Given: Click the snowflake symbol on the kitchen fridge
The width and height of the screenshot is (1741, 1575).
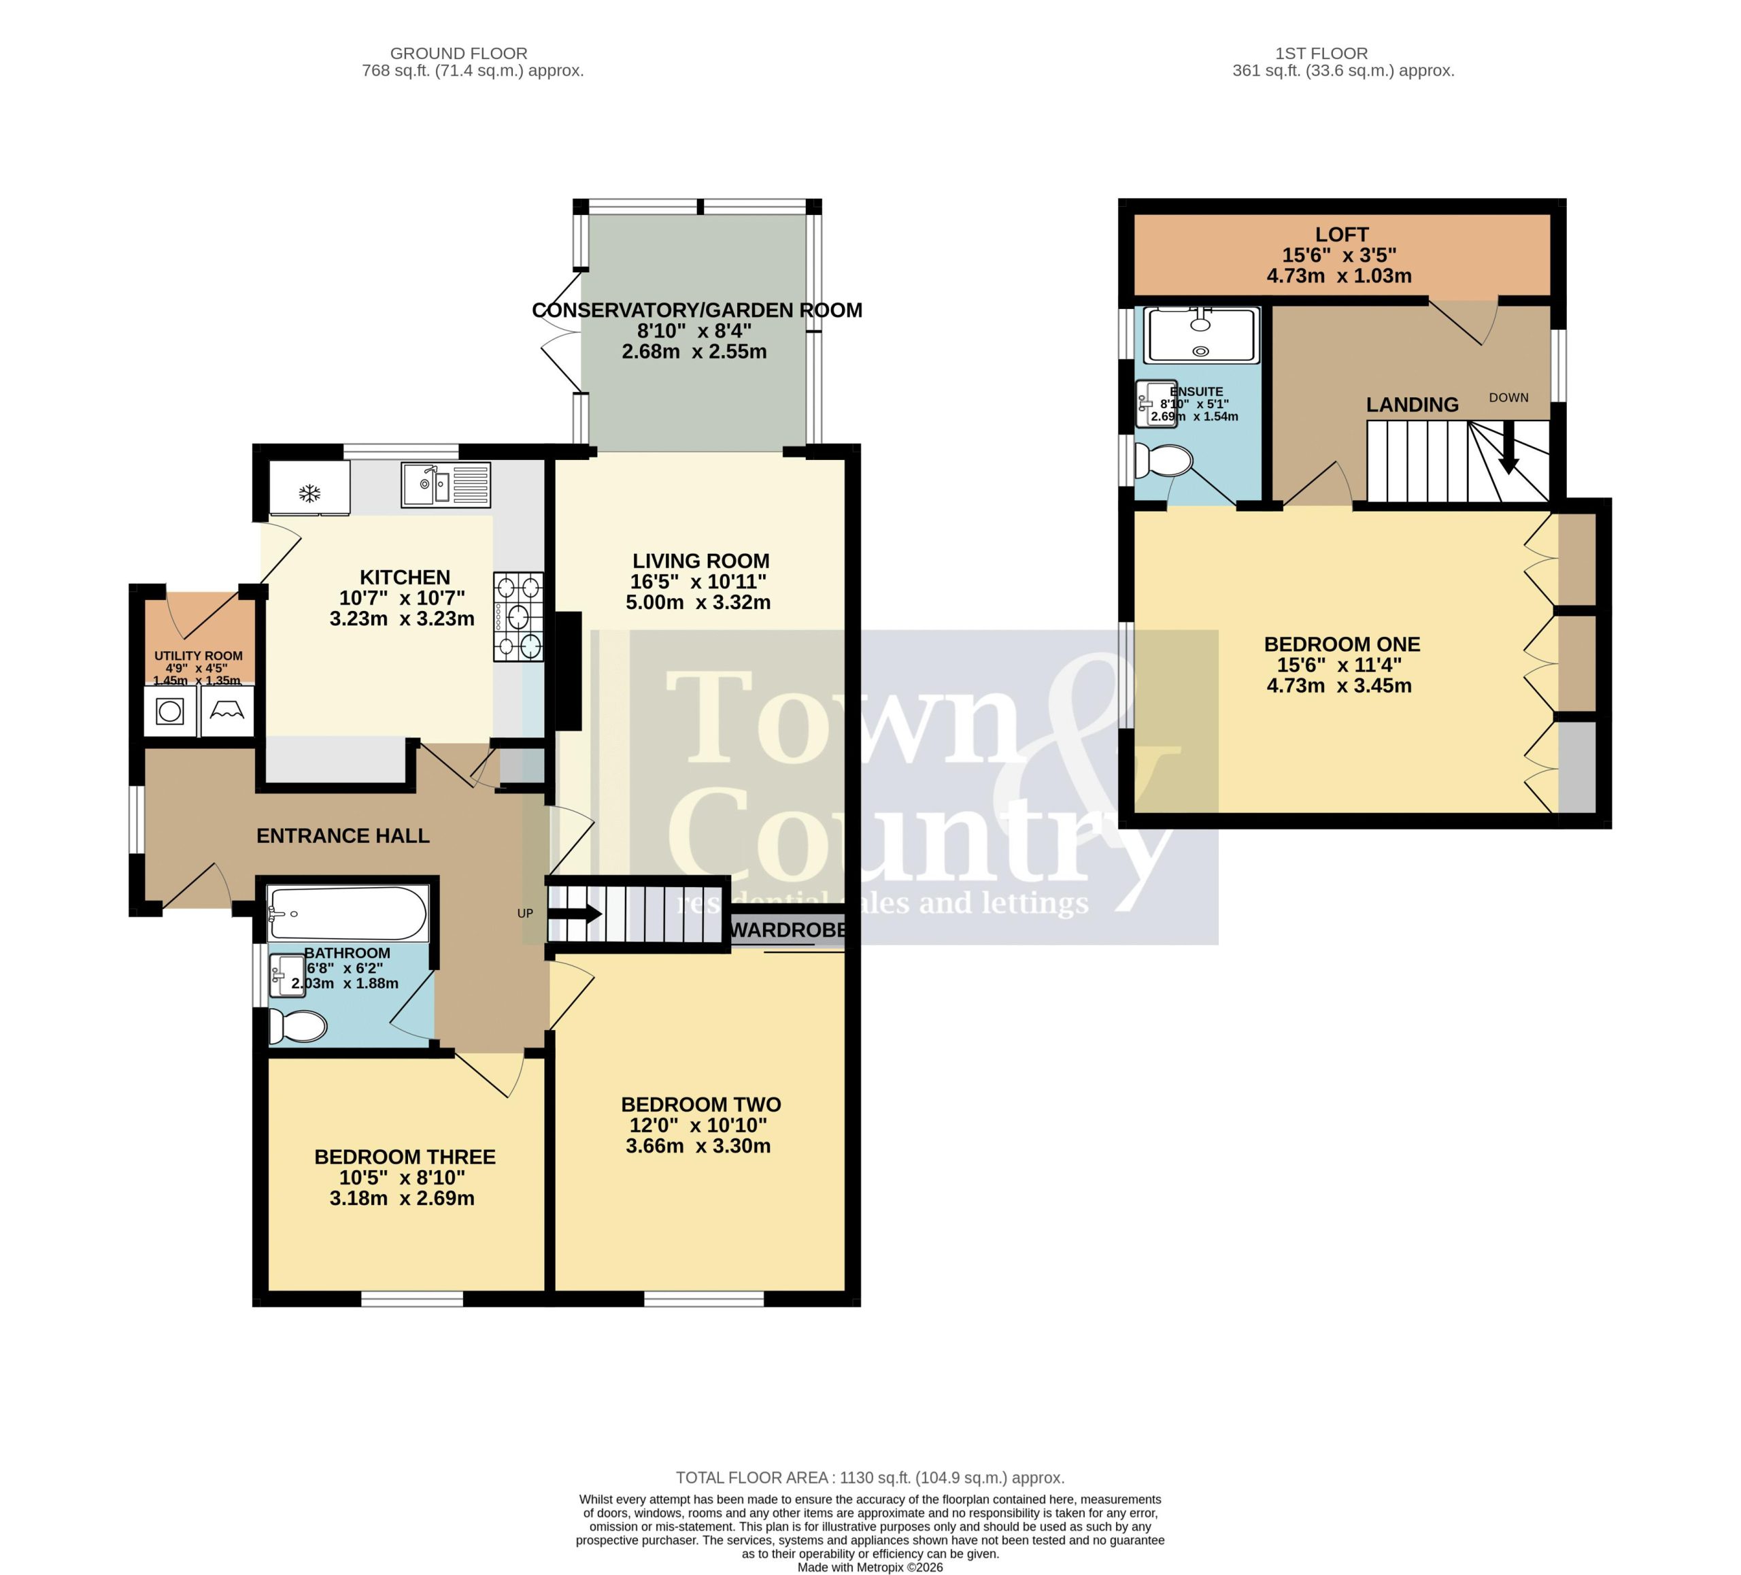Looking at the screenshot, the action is click(x=310, y=494).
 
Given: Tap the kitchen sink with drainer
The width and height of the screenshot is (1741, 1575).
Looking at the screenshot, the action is click(x=445, y=484).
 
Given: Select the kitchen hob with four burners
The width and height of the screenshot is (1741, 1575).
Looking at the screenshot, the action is click(x=518, y=617).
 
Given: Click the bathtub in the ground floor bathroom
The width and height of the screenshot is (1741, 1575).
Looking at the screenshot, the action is click(x=347, y=913).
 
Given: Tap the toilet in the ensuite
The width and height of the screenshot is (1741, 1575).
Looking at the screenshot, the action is click(x=1163, y=461).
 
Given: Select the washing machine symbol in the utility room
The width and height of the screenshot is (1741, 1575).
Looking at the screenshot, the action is click(x=170, y=712).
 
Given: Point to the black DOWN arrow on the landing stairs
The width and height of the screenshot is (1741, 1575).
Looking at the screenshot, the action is click(x=1508, y=447).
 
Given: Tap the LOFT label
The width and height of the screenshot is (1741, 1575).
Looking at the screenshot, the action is click(x=1342, y=234).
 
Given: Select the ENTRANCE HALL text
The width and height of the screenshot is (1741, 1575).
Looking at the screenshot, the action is click(x=343, y=835).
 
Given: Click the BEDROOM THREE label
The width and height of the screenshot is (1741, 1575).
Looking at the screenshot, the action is click(x=405, y=1157).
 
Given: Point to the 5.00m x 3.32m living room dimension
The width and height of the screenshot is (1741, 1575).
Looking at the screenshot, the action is click(x=698, y=602).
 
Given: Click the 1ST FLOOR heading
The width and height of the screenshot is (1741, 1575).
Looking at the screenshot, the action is click(x=1321, y=54).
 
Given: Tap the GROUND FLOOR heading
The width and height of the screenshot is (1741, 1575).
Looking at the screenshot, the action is click(x=458, y=54).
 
